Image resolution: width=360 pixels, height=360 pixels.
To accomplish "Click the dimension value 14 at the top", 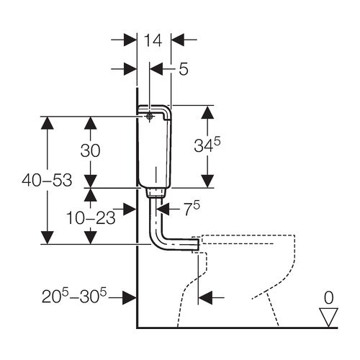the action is tap(153, 40).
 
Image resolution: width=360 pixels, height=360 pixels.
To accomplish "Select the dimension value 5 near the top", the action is tap(184, 69).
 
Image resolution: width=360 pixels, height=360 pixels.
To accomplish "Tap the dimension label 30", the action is tap(90, 151).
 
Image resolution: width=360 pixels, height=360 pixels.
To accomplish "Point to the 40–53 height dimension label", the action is tap(47, 180).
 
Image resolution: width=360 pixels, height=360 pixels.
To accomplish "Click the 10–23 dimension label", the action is tap(91, 218).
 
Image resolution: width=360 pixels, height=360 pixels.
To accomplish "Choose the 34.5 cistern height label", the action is tap(207, 145).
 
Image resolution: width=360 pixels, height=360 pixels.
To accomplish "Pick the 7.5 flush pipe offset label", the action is tap(192, 208).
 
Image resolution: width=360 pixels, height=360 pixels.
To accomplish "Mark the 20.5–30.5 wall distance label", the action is tap(74, 296).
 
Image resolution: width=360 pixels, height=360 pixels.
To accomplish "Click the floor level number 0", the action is tap(328, 297).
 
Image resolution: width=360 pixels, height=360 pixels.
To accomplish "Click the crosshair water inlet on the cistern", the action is tap(149, 117).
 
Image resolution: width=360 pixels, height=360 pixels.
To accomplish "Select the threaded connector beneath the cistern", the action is tap(156, 193).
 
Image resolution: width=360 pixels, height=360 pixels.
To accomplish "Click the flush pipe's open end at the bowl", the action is tap(198, 244).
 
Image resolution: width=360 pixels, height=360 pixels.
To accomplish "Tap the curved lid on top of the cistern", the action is tap(155, 110).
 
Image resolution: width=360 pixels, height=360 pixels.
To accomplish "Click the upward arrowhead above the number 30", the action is tap(90, 123).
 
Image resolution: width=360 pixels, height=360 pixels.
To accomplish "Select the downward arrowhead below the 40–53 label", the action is tap(48, 238).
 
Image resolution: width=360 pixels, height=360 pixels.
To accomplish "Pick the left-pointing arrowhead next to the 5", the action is tap(156, 69).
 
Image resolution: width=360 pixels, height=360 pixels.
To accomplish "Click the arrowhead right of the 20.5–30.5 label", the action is tap(130, 297).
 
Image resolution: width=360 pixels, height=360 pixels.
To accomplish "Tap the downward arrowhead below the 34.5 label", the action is tap(207, 181).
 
